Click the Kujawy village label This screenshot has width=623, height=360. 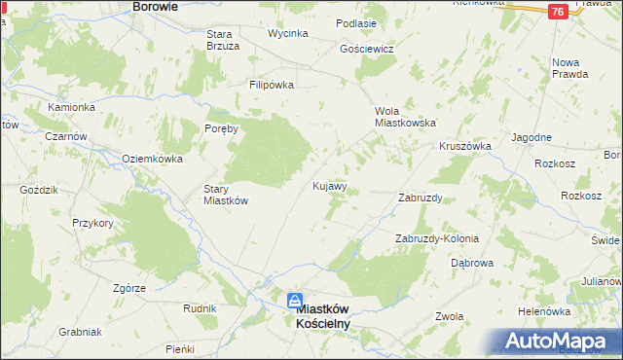329,185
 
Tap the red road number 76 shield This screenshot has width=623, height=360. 557,12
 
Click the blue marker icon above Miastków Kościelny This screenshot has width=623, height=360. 295,302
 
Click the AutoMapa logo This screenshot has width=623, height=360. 559,342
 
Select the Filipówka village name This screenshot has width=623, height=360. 272,85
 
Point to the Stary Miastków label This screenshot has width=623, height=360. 226,195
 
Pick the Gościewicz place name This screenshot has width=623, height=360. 366,49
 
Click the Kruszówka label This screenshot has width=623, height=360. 464,145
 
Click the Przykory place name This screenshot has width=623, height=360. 92,223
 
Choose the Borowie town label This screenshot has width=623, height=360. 155,6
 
